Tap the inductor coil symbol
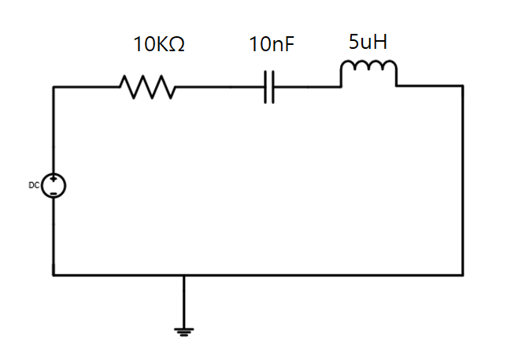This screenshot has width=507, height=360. [368, 73]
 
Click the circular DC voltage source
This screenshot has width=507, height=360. [54, 186]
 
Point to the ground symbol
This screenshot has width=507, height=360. [183, 331]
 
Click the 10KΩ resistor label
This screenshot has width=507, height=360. [159, 45]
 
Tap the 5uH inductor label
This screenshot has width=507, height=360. [368, 43]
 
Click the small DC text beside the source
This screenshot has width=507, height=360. [34, 185]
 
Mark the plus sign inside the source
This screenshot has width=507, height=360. [54, 180]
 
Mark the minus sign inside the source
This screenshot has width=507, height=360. [54, 192]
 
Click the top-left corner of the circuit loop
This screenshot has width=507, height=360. [54, 87]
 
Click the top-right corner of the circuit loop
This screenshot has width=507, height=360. [463, 87]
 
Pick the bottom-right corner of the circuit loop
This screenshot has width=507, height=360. [463, 275]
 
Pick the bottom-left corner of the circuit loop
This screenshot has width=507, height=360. [54, 275]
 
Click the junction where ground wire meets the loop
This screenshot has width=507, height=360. [183, 275]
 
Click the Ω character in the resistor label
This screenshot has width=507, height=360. [177, 45]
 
